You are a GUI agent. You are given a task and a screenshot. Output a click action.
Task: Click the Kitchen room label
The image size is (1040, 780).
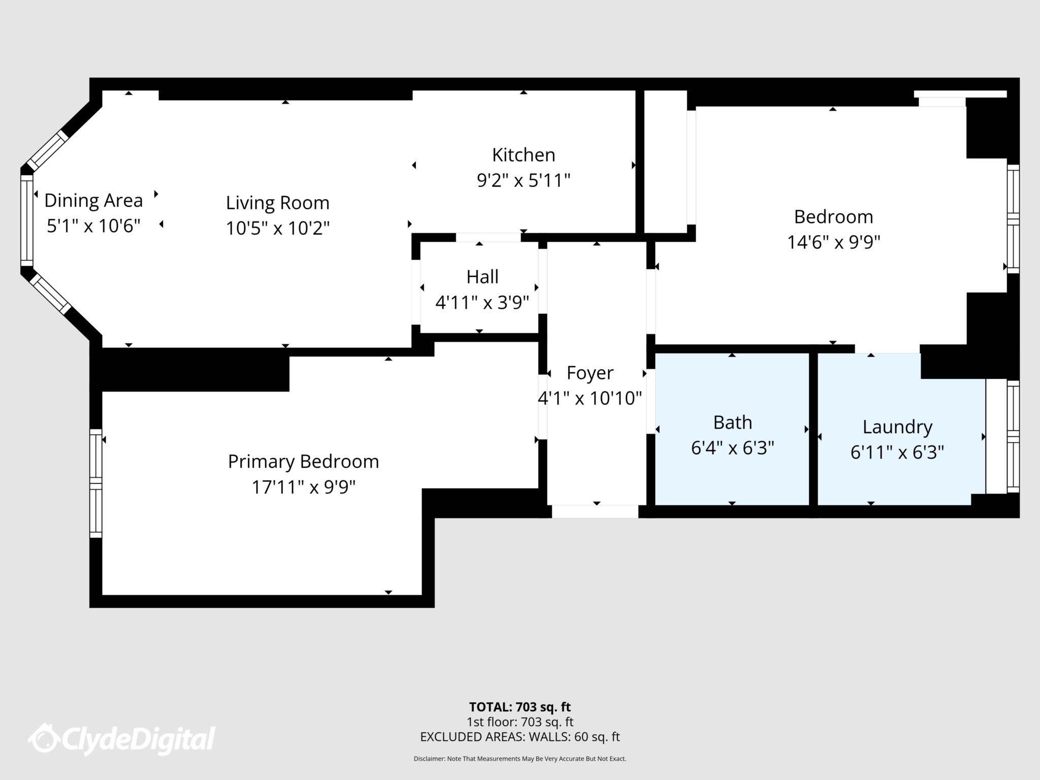pos(524,155)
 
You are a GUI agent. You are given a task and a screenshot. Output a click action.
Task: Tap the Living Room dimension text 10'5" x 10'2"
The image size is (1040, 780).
pos(278,229)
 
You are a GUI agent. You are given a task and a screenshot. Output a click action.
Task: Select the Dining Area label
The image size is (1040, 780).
pos(93,201)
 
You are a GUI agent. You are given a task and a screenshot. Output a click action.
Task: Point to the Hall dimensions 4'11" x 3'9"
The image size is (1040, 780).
pos(482,303)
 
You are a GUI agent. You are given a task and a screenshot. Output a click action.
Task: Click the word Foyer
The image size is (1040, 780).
pos(590,373)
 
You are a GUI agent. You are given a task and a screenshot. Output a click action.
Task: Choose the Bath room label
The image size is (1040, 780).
pos(732,422)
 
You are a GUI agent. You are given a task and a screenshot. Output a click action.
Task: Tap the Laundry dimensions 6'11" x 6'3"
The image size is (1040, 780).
pos(897,452)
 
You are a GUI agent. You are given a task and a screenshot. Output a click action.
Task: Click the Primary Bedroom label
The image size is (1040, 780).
pos(303,462)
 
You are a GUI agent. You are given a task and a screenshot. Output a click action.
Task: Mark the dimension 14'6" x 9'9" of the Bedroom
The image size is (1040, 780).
pos(833,242)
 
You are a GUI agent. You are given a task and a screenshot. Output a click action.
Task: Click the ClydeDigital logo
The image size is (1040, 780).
pos(122,739)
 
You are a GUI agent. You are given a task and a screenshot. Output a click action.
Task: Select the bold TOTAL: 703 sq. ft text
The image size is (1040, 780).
pos(520,707)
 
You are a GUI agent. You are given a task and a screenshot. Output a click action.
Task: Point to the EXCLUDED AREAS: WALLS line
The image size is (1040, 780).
pos(520,737)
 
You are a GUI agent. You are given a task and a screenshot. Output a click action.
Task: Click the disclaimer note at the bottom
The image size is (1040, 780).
pos(520,759)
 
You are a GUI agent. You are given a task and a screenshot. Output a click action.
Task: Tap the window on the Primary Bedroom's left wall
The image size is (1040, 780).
pos(95,483)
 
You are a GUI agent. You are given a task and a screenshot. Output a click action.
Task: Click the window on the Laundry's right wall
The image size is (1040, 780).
pos(1013,437)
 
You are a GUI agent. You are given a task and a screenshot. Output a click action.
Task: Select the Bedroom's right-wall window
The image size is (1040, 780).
pos(1013,219)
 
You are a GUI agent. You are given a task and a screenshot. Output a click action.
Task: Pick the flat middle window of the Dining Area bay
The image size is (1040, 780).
pos(26,220)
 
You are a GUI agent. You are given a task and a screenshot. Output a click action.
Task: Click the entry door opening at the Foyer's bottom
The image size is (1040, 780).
pos(595,511)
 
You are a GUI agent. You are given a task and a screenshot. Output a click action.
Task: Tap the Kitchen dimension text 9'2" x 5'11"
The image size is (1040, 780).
pos(524,180)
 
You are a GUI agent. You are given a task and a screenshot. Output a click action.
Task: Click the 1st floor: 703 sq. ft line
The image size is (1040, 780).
pos(520,722)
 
